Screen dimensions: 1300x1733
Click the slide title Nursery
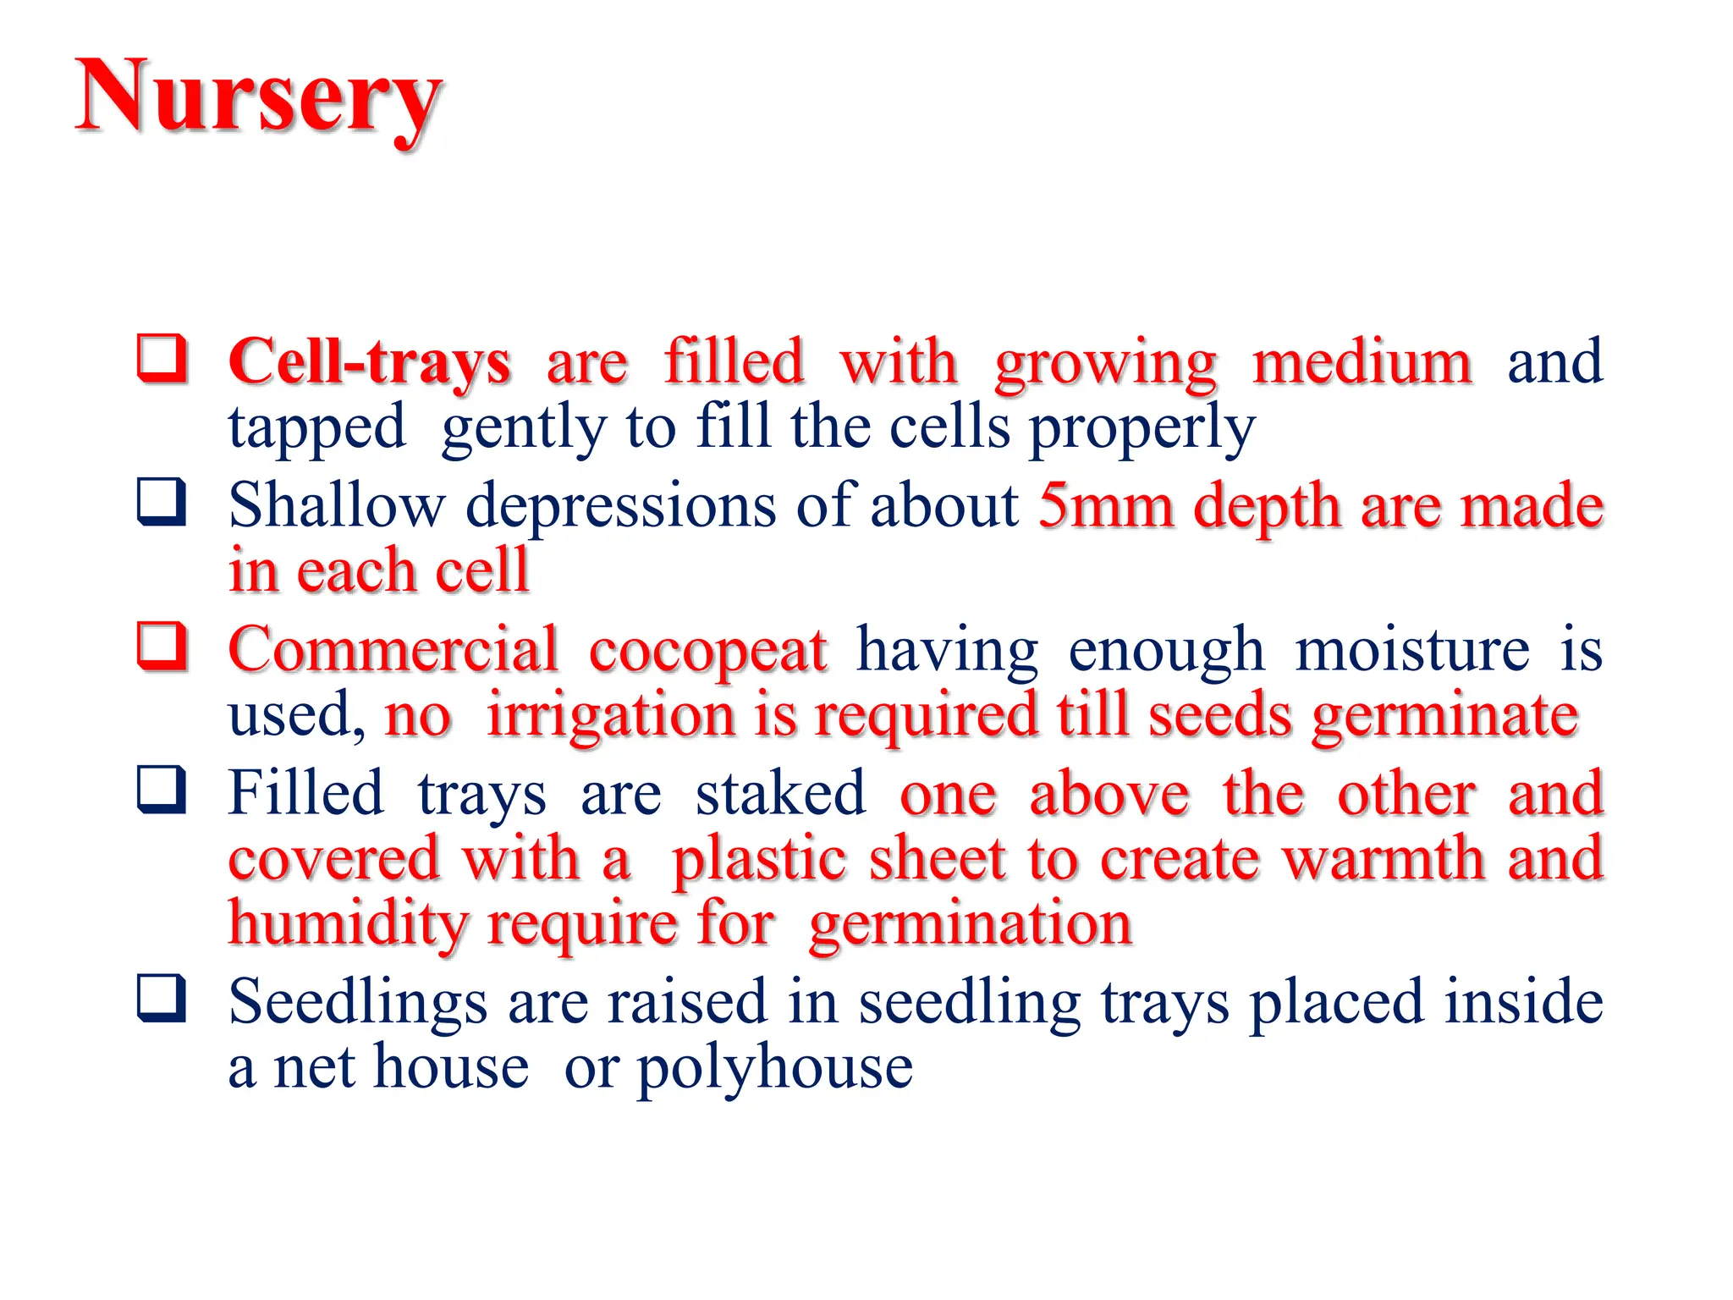tap(258, 97)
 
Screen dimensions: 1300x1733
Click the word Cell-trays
tap(369, 363)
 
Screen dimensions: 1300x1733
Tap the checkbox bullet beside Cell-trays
tap(162, 359)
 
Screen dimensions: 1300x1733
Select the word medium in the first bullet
tap(1362, 363)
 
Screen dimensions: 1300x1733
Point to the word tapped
tap(316, 428)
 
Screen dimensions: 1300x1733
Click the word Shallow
tap(336, 506)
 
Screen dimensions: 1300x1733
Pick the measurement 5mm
tap(1105, 506)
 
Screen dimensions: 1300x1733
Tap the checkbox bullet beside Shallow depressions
tap(162, 503)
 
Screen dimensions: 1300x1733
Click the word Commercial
tap(393, 650)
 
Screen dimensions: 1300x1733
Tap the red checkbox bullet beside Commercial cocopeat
tap(162, 647)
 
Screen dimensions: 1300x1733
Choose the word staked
tap(780, 794)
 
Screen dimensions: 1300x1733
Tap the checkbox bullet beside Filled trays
tap(162, 790)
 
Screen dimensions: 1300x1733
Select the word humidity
tap(347, 924)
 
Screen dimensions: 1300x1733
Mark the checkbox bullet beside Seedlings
tap(162, 998)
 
